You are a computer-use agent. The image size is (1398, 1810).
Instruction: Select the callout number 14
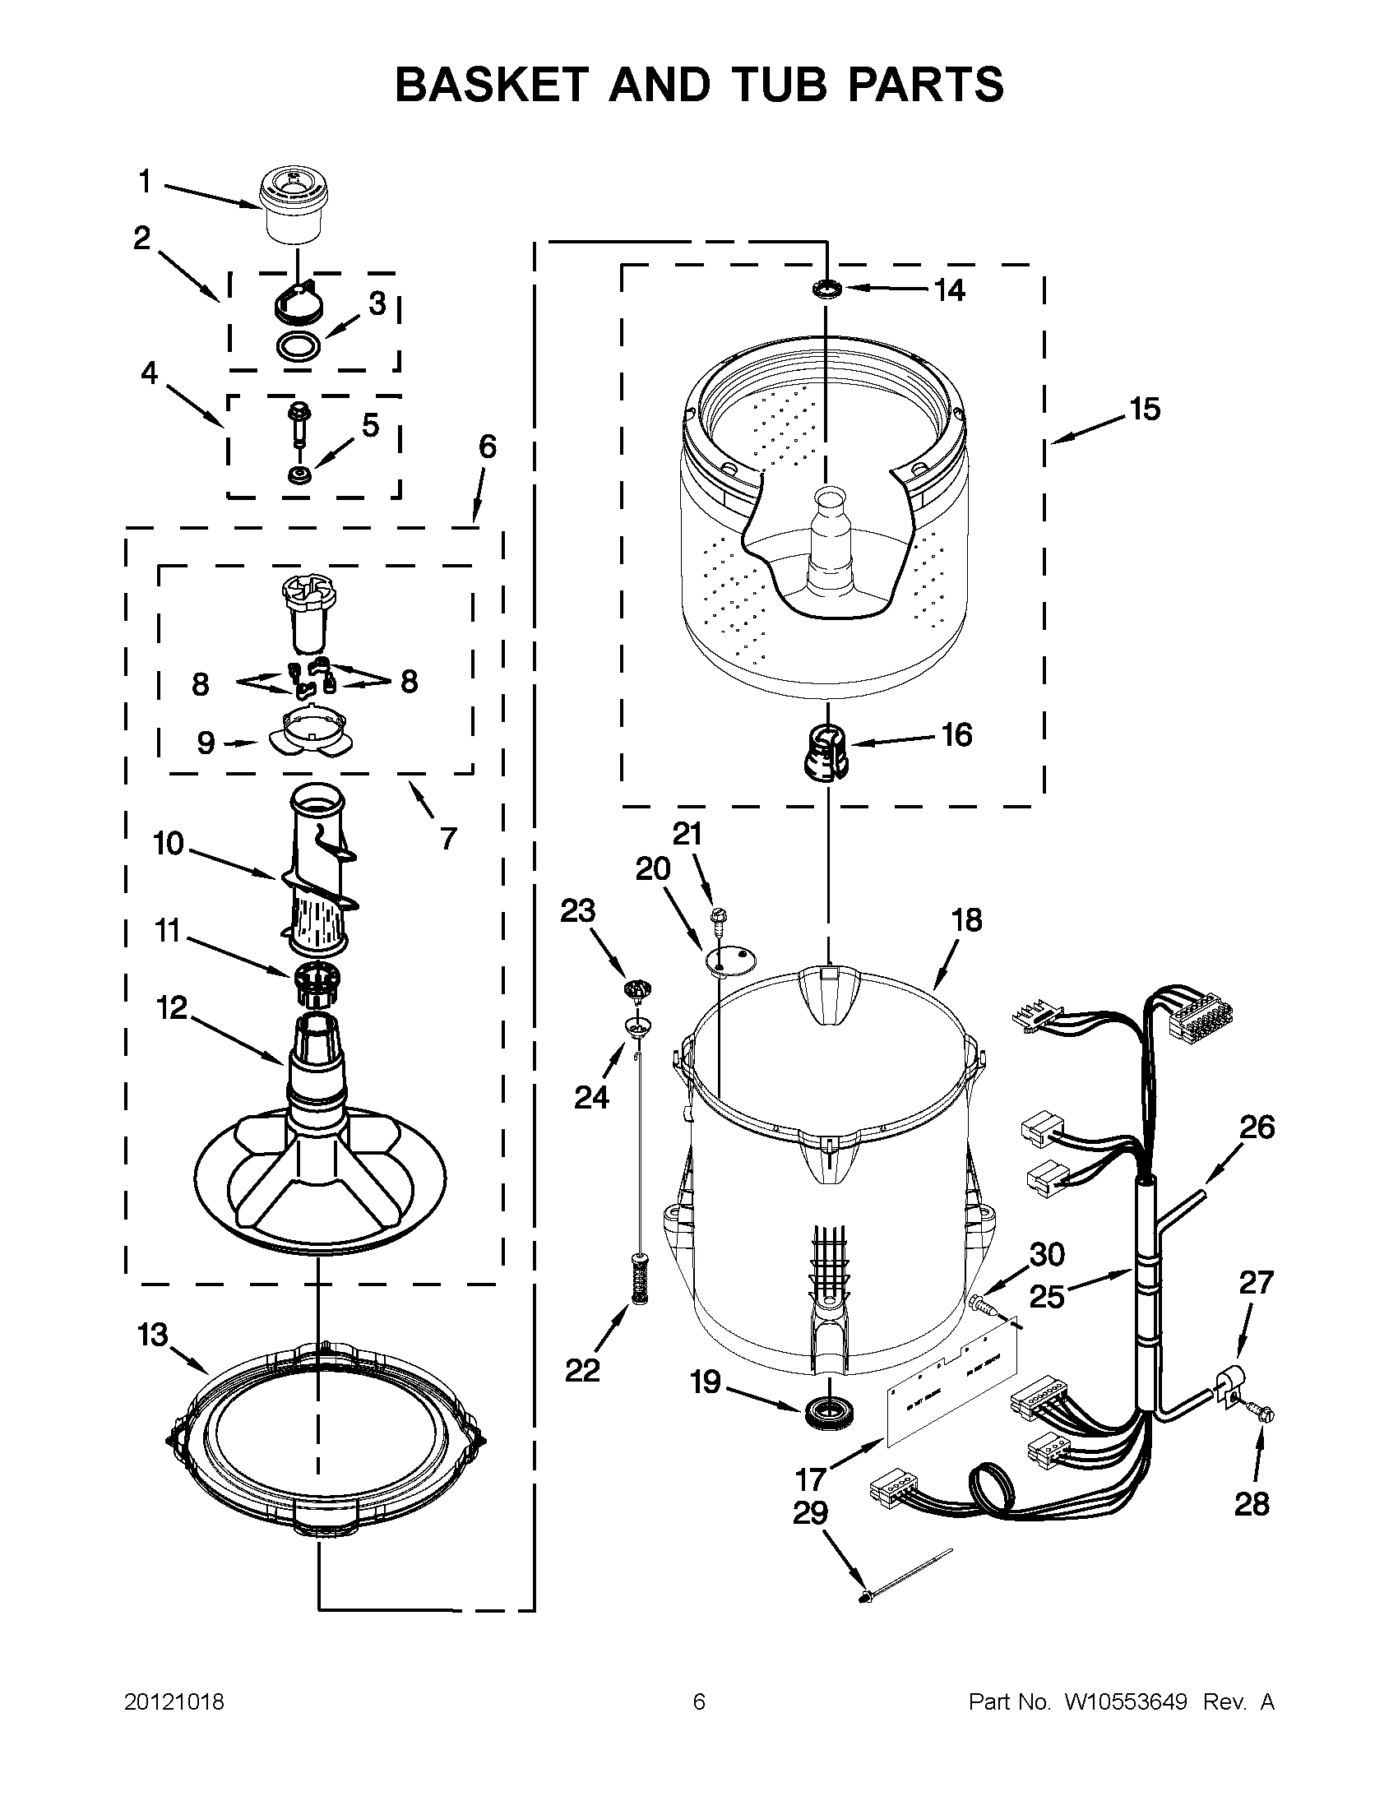pos(949,290)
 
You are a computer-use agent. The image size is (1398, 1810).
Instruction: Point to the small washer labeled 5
pos(296,476)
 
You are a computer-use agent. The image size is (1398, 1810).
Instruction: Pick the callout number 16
pos(956,735)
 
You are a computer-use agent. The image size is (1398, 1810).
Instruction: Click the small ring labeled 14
pos(826,289)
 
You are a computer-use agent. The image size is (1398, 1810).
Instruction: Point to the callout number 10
pos(169,844)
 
